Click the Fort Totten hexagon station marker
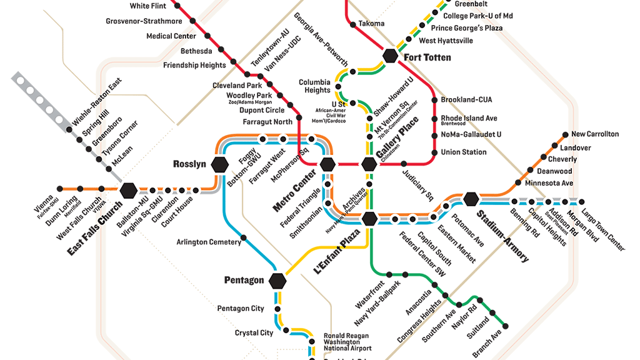391,56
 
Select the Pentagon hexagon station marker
277,281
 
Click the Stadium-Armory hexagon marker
471,199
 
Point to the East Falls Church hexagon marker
129,189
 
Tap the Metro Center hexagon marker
327,164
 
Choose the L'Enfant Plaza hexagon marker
369,218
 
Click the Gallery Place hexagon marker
369,164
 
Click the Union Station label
463,152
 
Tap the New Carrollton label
594,134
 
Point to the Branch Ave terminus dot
505,325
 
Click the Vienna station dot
59,189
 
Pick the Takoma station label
371,24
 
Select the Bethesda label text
196,51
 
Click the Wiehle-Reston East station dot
69,129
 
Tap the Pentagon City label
241,309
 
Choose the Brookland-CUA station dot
434,100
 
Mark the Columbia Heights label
314,86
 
